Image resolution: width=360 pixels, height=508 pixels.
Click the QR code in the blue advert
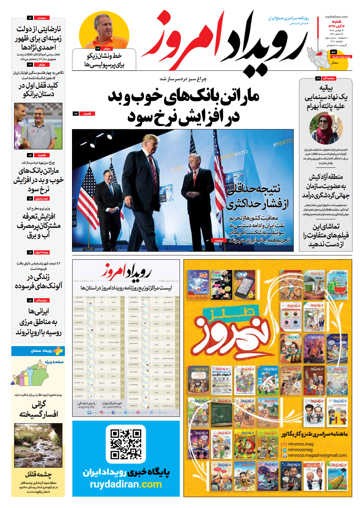(x=126, y=444)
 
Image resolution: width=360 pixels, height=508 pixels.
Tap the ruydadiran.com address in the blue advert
(x=126, y=485)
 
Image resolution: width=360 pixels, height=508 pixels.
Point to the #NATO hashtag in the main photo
(x=283, y=143)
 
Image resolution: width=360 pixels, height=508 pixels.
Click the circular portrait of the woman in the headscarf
(x=326, y=128)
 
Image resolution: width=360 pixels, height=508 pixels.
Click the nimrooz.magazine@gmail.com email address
(x=317, y=455)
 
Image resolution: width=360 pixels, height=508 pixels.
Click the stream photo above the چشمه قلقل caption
(x=38, y=445)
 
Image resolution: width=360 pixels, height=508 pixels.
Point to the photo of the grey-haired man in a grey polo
(x=38, y=126)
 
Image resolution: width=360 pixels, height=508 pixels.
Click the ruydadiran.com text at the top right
(x=336, y=17)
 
